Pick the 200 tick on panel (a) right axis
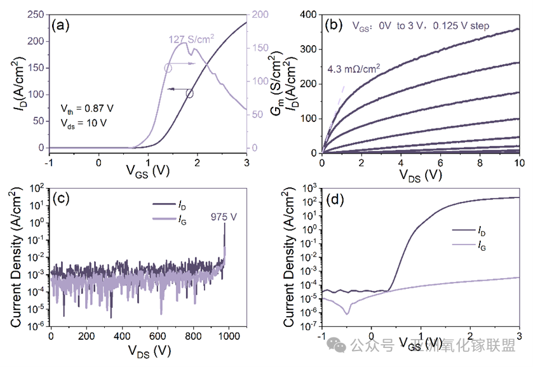click(x=261, y=15)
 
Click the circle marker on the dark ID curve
click(x=189, y=94)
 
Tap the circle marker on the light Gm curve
click(x=168, y=67)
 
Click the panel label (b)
click(x=334, y=25)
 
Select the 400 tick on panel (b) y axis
click(x=307, y=15)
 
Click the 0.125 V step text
click(x=477, y=27)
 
